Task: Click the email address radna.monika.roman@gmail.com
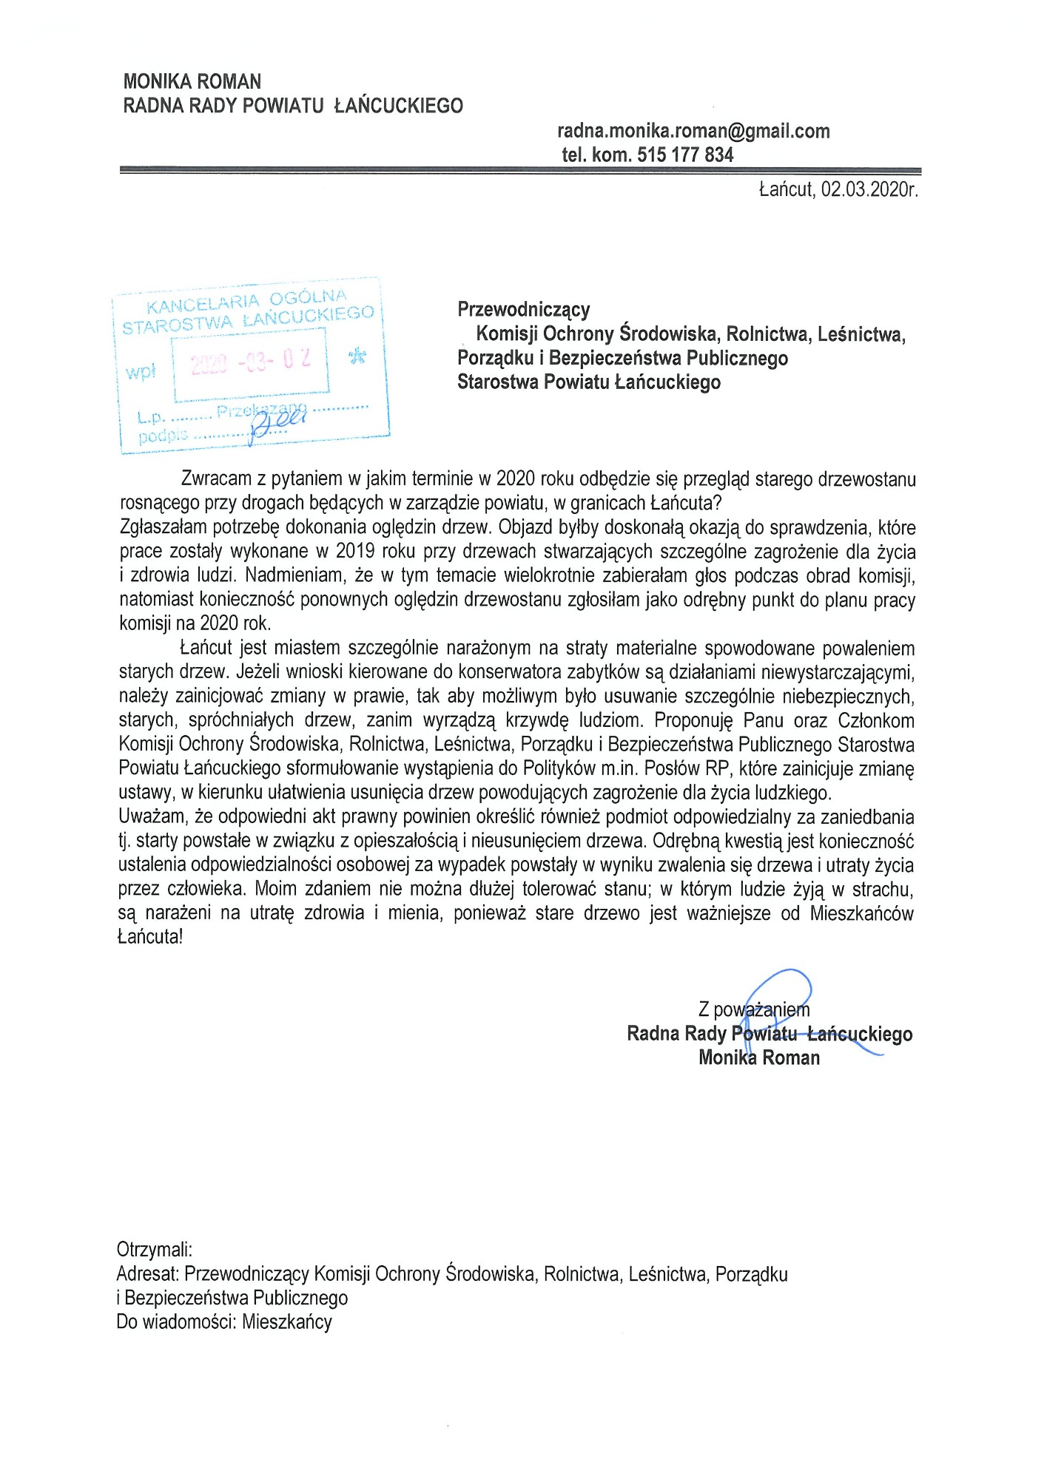[693, 132]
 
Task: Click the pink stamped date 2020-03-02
[250, 362]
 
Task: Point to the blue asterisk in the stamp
[357, 356]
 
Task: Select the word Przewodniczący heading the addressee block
[523, 309]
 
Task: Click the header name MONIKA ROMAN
[192, 81]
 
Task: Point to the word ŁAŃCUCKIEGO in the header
[398, 106]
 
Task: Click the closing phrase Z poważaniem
[753, 1009]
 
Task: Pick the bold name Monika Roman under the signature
[759, 1057]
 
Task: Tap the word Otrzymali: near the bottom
[154, 1250]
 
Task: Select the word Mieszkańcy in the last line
[287, 1321]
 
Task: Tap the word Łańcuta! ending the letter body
[150, 937]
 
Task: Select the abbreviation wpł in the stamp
[141, 371]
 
